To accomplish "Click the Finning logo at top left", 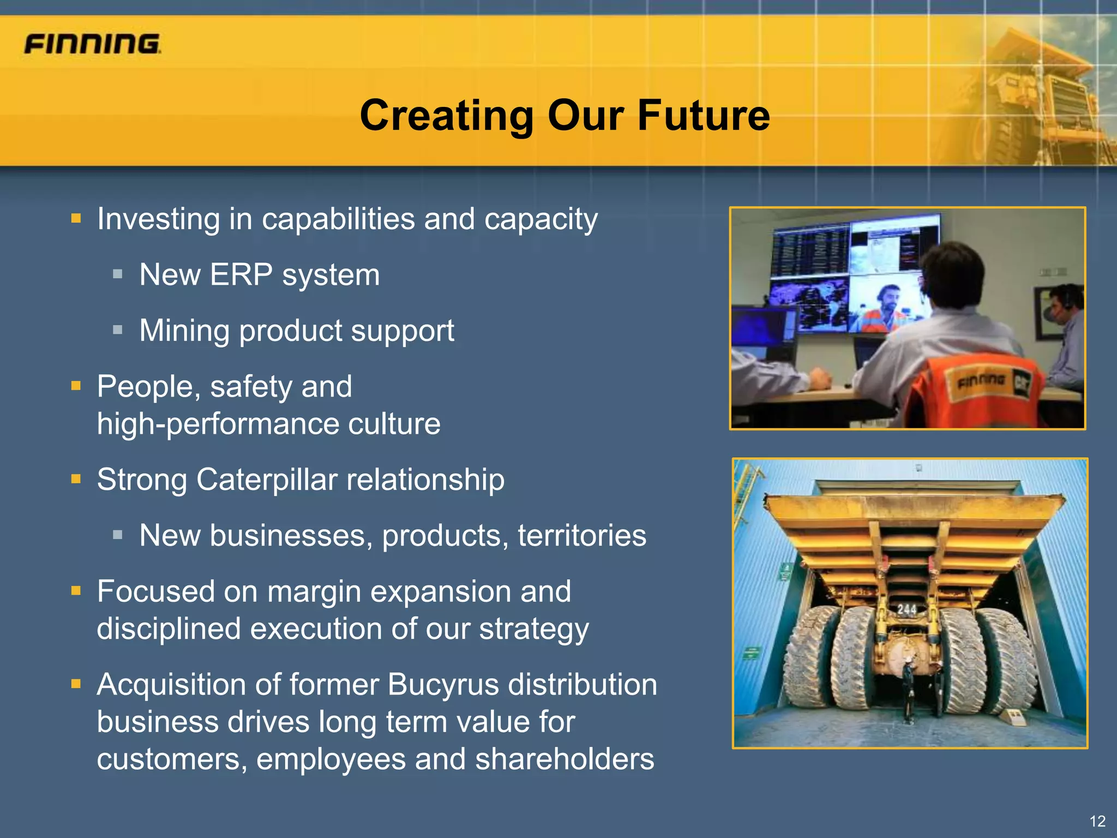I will [92, 44].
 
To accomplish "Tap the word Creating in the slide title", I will [447, 116].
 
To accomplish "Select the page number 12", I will [1097, 821].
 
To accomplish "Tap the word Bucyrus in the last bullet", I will [443, 684].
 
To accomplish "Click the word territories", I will [581, 535].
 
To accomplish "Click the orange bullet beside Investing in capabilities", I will [76, 219].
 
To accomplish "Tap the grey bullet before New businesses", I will [118, 535].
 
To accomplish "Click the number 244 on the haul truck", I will [906, 609].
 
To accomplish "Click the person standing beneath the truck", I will [908, 690].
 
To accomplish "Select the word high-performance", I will [218, 424].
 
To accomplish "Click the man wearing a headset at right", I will [1066, 327].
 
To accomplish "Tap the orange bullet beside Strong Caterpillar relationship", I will [76, 480].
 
